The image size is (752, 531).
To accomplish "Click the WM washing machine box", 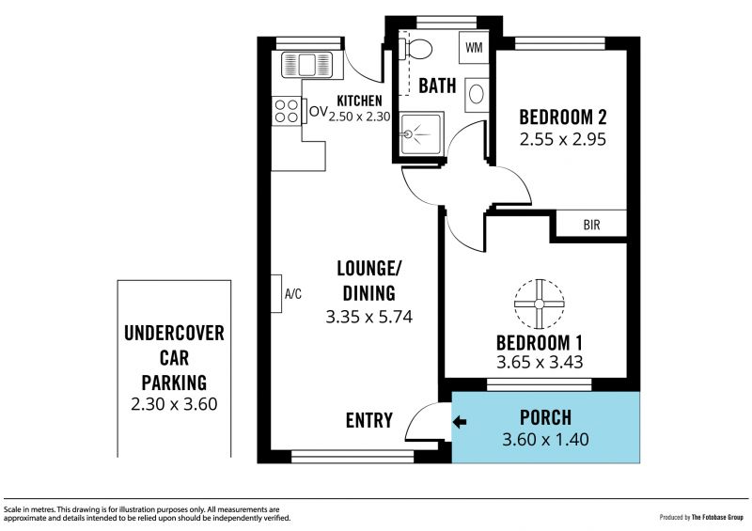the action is point(474,48).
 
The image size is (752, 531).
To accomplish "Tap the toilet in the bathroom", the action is point(415,49).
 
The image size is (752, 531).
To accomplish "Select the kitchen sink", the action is point(307,64).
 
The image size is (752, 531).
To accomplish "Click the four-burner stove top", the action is point(287,111).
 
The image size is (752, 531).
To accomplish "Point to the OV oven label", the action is point(319,112).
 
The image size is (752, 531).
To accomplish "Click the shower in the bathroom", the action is point(421,133).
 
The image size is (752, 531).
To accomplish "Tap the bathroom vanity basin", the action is point(477,94).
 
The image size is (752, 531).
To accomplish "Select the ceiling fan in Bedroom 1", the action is point(539,305).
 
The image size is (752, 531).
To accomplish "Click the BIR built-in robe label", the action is point(592,225).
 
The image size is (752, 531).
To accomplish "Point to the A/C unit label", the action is point(293,293).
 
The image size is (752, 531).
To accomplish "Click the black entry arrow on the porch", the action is point(460,422).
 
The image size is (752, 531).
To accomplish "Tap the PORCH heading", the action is point(546,418).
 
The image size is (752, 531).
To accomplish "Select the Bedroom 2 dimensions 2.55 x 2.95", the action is point(563,140).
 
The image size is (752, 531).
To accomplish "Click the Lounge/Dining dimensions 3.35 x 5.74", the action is point(368,317).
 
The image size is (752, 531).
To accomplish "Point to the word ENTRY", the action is point(369,420).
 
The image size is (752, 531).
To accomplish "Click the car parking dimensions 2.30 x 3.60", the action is point(174,404).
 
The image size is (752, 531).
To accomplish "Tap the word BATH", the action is point(437,86).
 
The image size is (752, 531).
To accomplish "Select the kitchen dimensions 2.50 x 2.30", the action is point(360,117).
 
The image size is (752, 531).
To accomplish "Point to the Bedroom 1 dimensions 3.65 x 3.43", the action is point(540,362).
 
